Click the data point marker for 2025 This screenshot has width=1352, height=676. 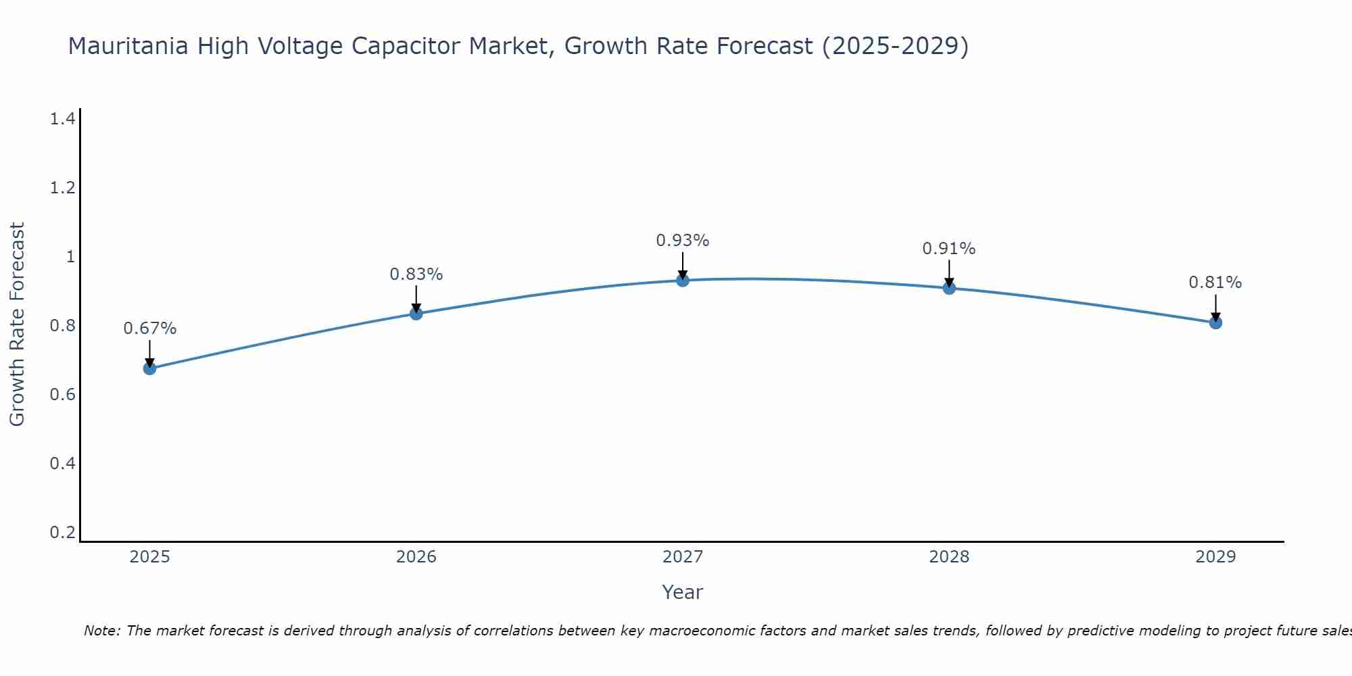[x=149, y=368]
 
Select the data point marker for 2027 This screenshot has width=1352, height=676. [x=683, y=280]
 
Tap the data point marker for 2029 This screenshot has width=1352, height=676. [x=1215, y=322]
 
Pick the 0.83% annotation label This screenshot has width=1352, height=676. [x=416, y=274]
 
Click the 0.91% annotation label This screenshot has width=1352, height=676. [x=948, y=249]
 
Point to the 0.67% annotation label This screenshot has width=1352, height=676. [x=149, y=329]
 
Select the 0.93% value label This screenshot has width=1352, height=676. [x=683, y=241]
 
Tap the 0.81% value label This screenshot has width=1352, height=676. [x=1215, y=283]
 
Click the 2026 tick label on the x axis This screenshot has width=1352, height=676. [x=416, y=557]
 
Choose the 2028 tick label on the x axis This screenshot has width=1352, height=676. [x=948, y=557]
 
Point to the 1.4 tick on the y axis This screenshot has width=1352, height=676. [x=62, y=120]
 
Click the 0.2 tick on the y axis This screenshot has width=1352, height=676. [x=62, y=533]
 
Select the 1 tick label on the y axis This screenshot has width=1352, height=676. [x=70, y=257]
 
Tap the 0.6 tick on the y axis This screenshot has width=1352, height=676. [x=62, y=395]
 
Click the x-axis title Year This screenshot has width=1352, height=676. [x=682, y=592]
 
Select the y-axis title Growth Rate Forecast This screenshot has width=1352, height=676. [x=17, y=324]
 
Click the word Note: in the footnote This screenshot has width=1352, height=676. [x=102, y=631]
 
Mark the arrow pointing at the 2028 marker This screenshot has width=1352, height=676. [x=949, y=274]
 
